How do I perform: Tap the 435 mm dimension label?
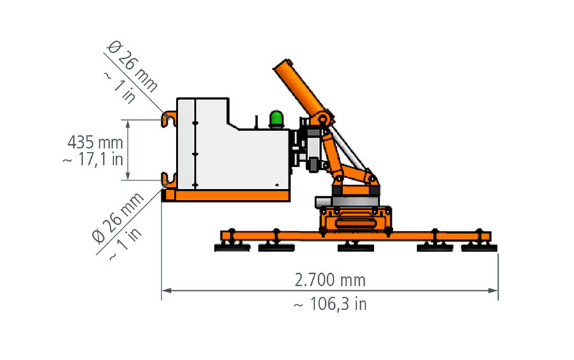coord(95,142)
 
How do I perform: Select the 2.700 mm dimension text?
coord(330,280)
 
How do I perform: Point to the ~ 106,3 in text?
coord(330,304)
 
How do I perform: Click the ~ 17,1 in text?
coord(93,160)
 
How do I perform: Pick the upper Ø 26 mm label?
coord(133,66)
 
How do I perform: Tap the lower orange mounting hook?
coord(169,181)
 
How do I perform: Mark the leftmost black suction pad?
coord(232,248)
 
